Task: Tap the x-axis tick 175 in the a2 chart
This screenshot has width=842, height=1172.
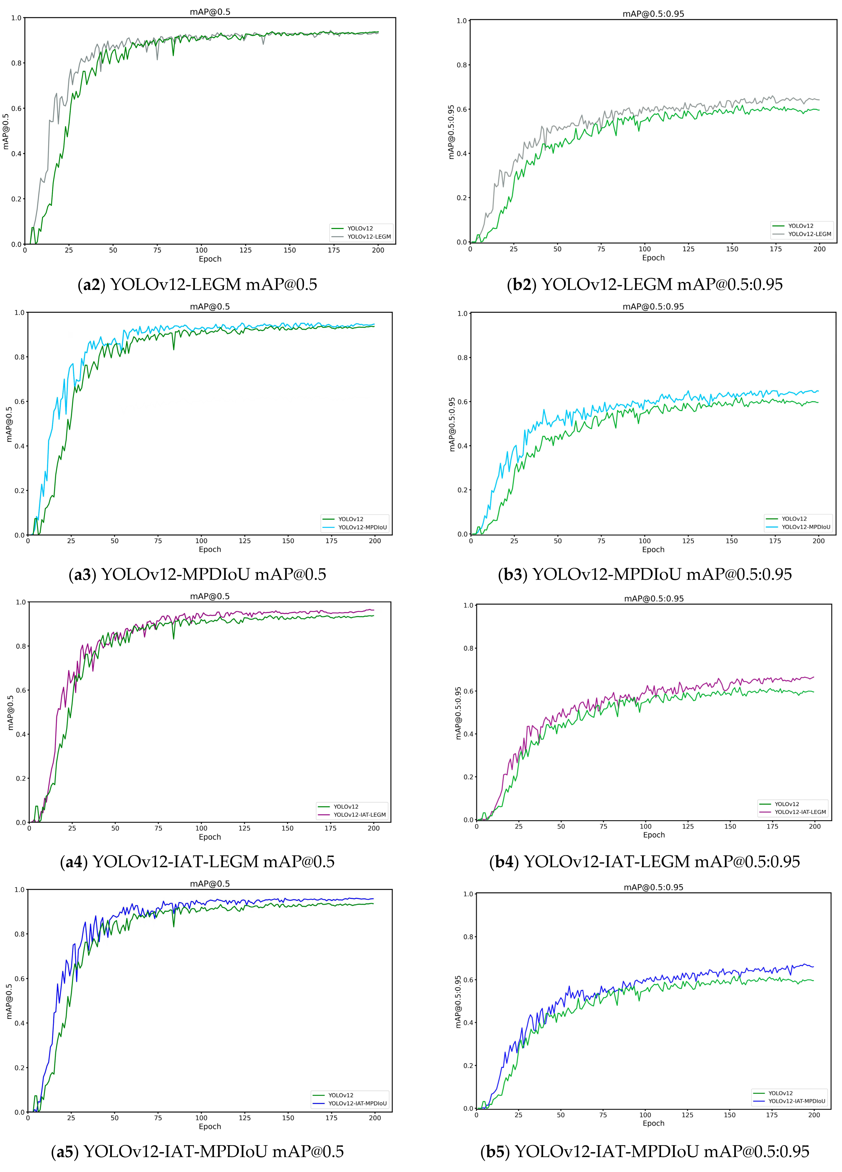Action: (x=334, y=250)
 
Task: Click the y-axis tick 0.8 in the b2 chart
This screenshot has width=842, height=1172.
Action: (x=462, y=65)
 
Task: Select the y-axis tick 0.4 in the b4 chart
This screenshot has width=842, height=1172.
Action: (x=468, y=734)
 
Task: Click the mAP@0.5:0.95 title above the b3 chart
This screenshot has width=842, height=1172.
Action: (x=653, y=306)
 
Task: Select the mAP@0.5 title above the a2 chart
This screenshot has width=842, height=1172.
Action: (x=210, y=12)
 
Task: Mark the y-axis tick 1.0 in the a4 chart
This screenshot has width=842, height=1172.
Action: (x=21, y=602)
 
